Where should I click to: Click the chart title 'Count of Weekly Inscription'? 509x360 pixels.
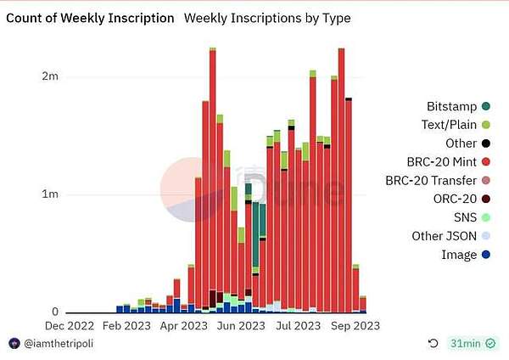coord(92,17)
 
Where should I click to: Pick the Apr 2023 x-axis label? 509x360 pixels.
coord(183,324)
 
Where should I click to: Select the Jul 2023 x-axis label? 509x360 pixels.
coord(298,324)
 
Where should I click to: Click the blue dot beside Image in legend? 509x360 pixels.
coord(486,255)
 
